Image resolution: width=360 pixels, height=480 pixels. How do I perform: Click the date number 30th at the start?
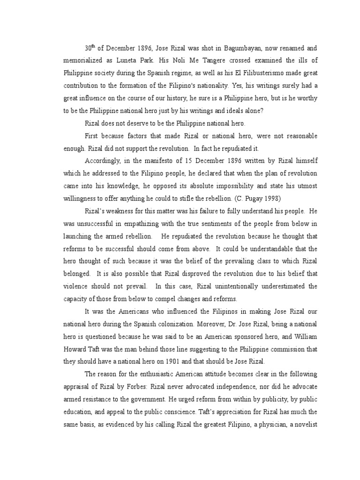tap(90, 48)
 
